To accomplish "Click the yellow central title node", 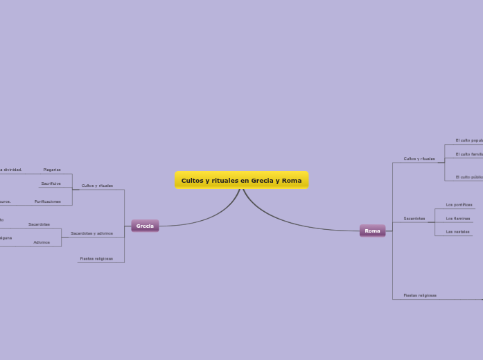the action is pyautogui.click(x=241, y=180).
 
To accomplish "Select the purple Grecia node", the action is pyautogui.click(x=145, y=226).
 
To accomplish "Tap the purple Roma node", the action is pyautogui.click(x=372, y=231).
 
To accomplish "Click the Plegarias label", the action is pyautogui.click(x=52, y=170).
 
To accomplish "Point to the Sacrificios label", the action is pyautogui.click(x=51, y=183).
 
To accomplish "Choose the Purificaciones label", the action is pyautogui.click(x=48, y=201).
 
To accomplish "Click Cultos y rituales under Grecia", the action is pyautogui.click(x=97, y=186).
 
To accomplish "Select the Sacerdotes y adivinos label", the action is pyautogui.click(x=91, y=233).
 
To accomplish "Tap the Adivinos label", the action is pyautogui.click(x=42, y=242).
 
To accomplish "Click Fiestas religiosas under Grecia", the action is pyautogui.click(x=96, y=258).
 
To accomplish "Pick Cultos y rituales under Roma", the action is pyautogui.click(x=419, y=159).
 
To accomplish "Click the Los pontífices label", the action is pyautogui.click(x=459, y=205).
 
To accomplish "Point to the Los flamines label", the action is pyautogui.click(x=457, y=218).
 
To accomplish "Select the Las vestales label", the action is pyautogui.click(x=457, y=231).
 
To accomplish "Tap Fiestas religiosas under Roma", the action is pyautogui.click(x=420, y=295).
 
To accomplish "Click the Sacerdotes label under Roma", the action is pyautogui.click(x=414, y=219).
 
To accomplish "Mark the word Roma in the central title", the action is pyautogui.click(x=292, y=181).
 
